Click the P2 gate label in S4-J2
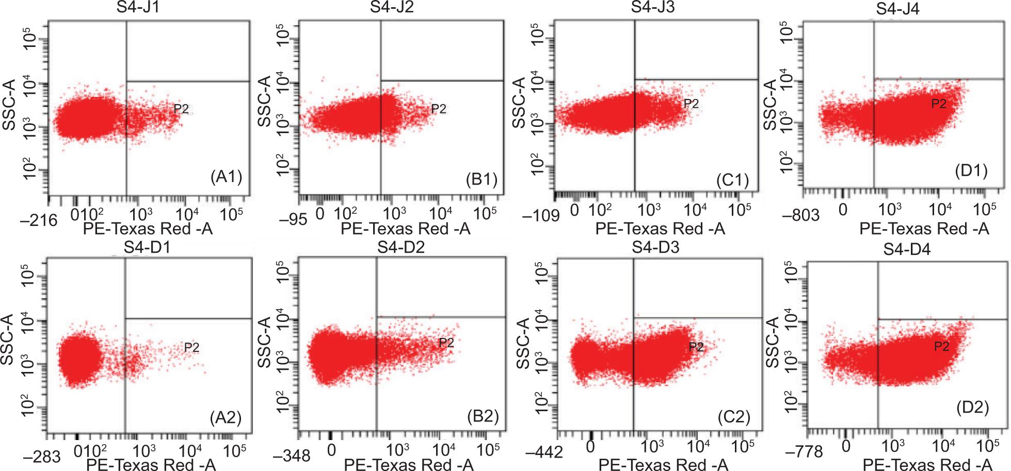click(x=438, y=108)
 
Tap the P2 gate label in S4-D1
click(x=191, y=347)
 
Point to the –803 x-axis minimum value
click(x=801, y=215)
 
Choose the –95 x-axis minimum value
click(x=296, y=219)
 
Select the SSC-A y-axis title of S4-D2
click(x=267, y=344)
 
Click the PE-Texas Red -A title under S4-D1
click(x=151, y=464)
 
